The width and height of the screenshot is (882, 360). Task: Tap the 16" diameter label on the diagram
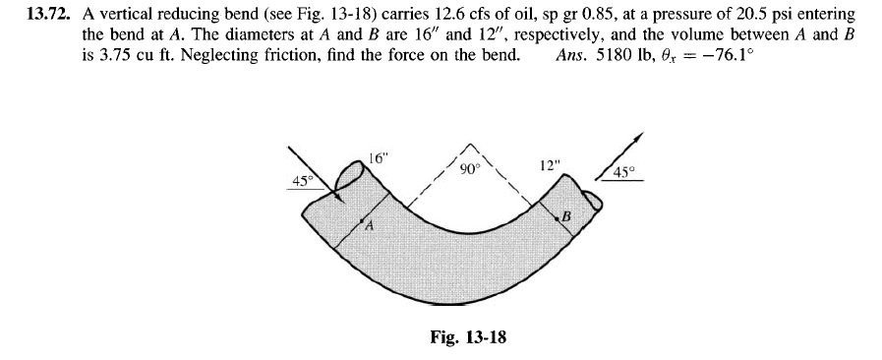click(378, 157)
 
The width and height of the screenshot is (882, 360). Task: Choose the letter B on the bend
click(565, 215)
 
